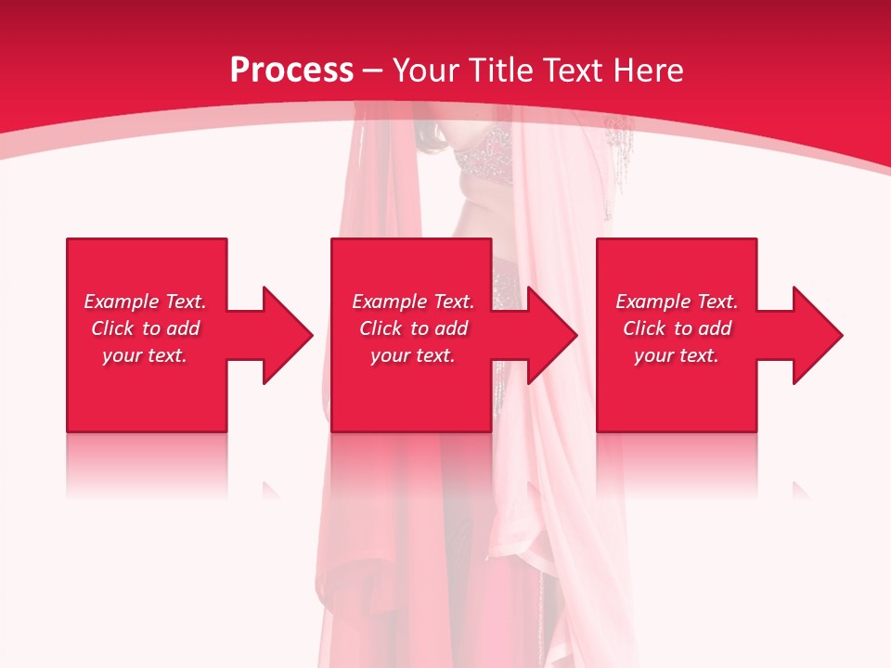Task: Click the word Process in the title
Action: click(x=291, y=71)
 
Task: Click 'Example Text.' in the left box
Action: click(x=145, y=302)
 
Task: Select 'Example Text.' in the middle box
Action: click(x=413, y=302)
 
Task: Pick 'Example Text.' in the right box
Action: click(x=677, y=302)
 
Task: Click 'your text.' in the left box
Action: click(x=145, y=355)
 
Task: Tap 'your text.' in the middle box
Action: click(x=413, y=355)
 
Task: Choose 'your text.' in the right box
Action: click(x=677, y=355)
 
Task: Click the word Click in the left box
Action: click(x=112, y=328)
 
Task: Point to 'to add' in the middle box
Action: click(x=439, y=328)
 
